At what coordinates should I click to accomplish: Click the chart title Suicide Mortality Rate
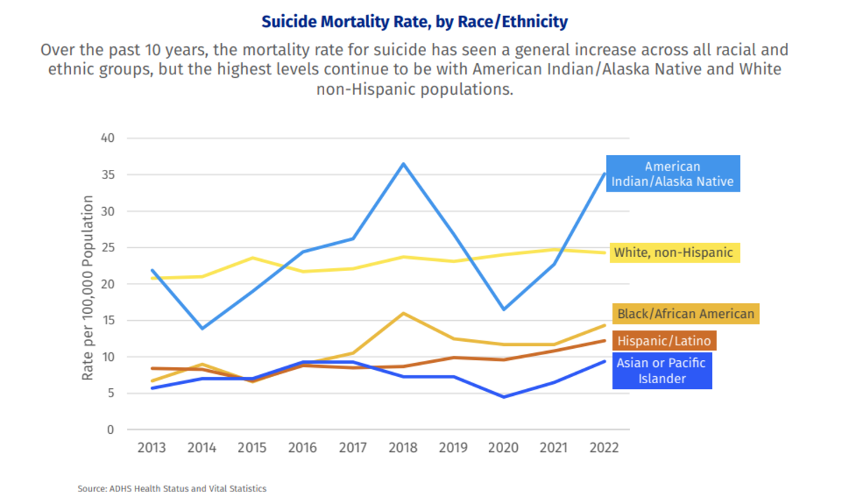(414, 22)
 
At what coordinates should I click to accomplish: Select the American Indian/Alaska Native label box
(672, 174)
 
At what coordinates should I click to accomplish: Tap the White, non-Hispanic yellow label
(674, 253)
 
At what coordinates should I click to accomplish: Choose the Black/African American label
(686, 314)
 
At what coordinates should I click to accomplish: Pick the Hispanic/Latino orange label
(664, 342)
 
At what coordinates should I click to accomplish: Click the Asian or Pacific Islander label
(662, 371)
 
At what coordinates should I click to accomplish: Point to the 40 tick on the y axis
(107, 138)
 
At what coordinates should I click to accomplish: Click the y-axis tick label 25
(107, 248)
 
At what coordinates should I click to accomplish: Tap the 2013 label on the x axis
(152, 448)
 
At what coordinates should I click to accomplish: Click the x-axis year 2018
(403, 448)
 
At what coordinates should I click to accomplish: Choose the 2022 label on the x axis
(603, 448)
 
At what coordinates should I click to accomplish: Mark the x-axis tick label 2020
(503, 448)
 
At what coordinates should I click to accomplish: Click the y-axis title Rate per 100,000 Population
(88, 288)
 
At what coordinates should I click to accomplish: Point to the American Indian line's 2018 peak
(403, 164)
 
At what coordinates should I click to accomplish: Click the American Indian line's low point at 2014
(202, 328)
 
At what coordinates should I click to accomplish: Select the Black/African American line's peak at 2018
(403, 313)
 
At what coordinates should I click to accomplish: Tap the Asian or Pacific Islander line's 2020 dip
(503, 397)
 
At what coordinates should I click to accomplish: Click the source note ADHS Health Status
(172, 488)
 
